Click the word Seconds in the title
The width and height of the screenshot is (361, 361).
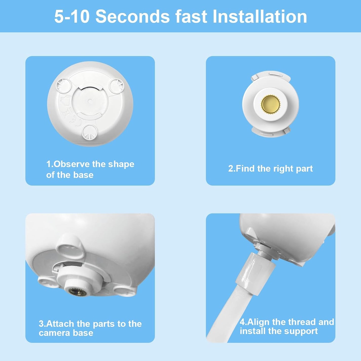click(x=133, y=16)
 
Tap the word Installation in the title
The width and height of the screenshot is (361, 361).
click(x=260, y=16)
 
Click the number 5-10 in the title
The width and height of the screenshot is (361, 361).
click(x=72, y=16)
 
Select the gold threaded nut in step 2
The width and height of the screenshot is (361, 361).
click(x=271, y=104)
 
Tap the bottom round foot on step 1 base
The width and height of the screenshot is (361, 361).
click(x=89, y=132)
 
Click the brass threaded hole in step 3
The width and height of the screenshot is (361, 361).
click(x=75, y=292)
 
